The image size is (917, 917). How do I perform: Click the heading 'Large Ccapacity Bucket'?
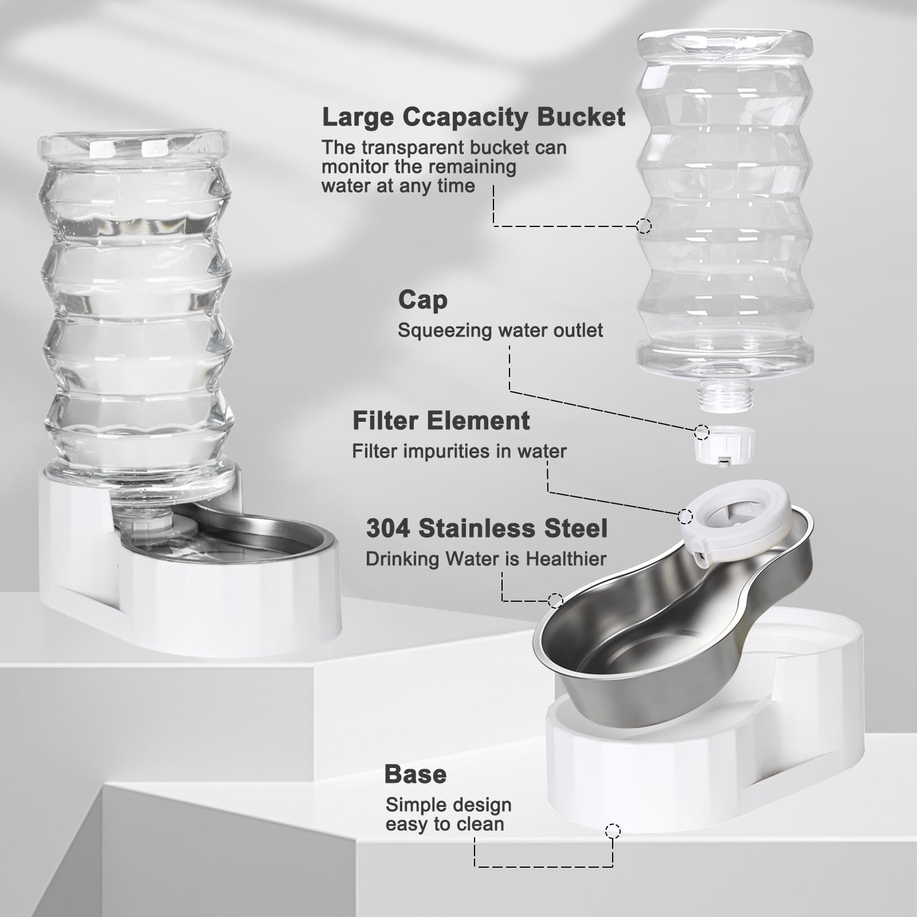click(473, 117)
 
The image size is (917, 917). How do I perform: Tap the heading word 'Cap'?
click(422, 300)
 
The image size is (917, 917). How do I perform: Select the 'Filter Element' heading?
click(441, 421)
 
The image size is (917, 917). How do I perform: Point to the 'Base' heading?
click(415, 774)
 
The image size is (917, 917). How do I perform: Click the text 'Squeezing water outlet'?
click(500, 331)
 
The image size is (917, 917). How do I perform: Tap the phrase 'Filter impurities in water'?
click(458, 452)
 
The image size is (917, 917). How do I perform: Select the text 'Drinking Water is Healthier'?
click(485, 559)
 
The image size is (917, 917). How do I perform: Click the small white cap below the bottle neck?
click(724, 445)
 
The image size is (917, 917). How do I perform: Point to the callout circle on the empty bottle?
click(644, 226)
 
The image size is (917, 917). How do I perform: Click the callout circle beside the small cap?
click(702, 432)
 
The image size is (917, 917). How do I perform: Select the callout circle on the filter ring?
click(685, 516)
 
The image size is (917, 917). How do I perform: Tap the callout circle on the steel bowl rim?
click(555, 600)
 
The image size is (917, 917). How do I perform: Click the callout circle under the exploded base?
click(613, 830)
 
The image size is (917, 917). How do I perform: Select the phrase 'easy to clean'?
click(444, 824)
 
